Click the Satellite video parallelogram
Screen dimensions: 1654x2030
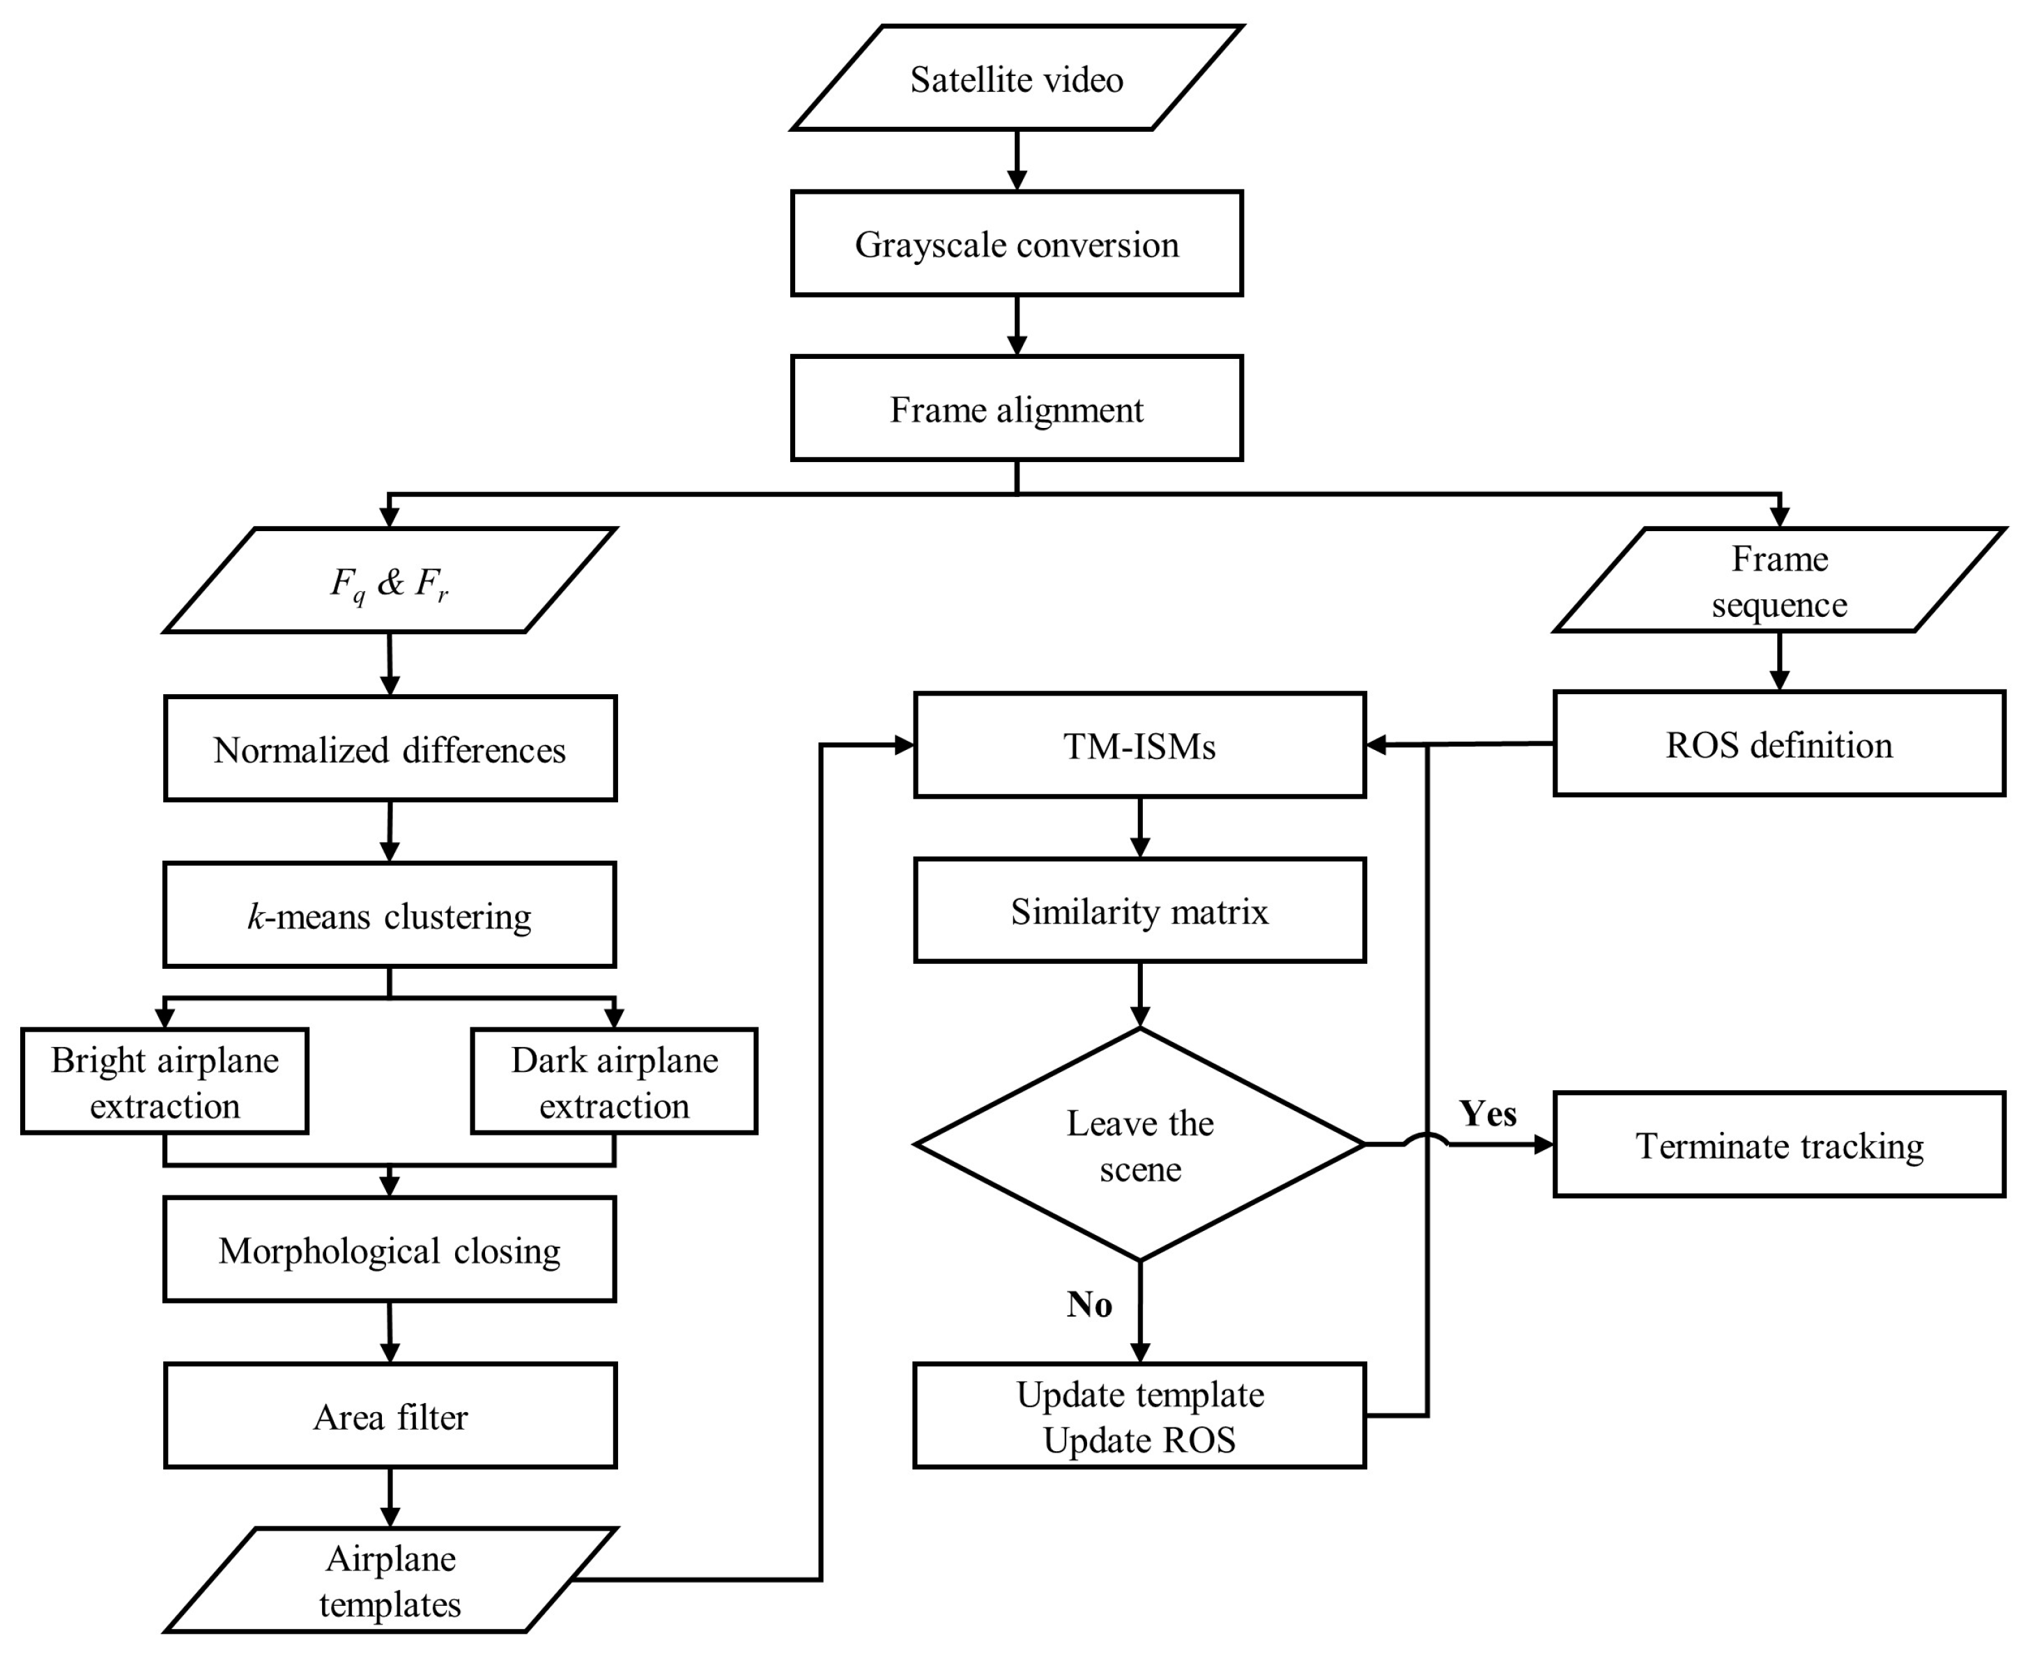click(1017, 78)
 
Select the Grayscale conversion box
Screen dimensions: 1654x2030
click(1017, 244)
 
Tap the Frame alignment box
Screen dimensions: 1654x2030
click(1017, 408)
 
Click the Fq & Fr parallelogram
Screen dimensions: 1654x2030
click(390, 580)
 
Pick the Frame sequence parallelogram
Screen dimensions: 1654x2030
click(1778, 580)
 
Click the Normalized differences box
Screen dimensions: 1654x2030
click(390, 749)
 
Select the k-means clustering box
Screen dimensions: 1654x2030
click(390, 914)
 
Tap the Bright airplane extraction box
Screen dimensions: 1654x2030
click(164, 1081)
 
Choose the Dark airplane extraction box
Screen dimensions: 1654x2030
click(615, 1081)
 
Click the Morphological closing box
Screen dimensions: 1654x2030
click(390, 1249)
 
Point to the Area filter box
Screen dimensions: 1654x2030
click(390, 1416)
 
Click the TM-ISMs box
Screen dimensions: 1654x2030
click(1139, 745)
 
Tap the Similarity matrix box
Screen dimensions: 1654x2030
click(1139, 911)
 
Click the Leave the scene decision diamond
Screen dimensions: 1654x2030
click(1139, 1144)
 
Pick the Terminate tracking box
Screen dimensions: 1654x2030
click(1778, 1144)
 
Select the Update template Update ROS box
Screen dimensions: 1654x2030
click(1139, 1416)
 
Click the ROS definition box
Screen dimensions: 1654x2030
click(1778, 744)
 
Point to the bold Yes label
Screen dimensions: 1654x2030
click(1487, 1113)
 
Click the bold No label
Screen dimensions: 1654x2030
click(1089, 1304)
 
